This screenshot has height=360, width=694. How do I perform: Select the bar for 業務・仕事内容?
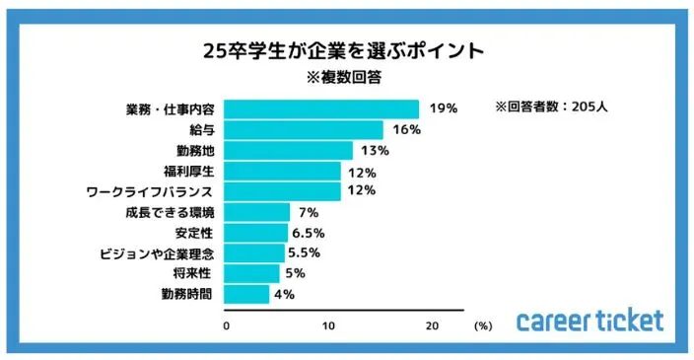tap(323, 108)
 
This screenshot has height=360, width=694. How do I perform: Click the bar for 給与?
tap(306, 130)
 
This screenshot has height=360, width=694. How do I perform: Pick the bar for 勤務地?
tap(291, 151)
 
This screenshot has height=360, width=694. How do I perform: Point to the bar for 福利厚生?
tap(285, 172)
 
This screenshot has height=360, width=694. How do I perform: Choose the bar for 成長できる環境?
tap(259, 212)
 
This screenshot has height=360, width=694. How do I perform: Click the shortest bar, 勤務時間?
tap(248, 294)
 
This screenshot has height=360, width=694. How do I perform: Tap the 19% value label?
tap(444, 108)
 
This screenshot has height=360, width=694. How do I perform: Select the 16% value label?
tap(407, 130)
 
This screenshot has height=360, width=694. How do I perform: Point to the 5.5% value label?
tap(307, 253)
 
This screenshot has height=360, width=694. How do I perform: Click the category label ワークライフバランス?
tap(157, 191)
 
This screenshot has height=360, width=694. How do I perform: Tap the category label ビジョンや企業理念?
tap(158, 253)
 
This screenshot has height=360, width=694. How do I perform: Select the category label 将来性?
tap(195, 273)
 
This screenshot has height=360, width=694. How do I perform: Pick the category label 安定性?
tap(195, 233)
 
